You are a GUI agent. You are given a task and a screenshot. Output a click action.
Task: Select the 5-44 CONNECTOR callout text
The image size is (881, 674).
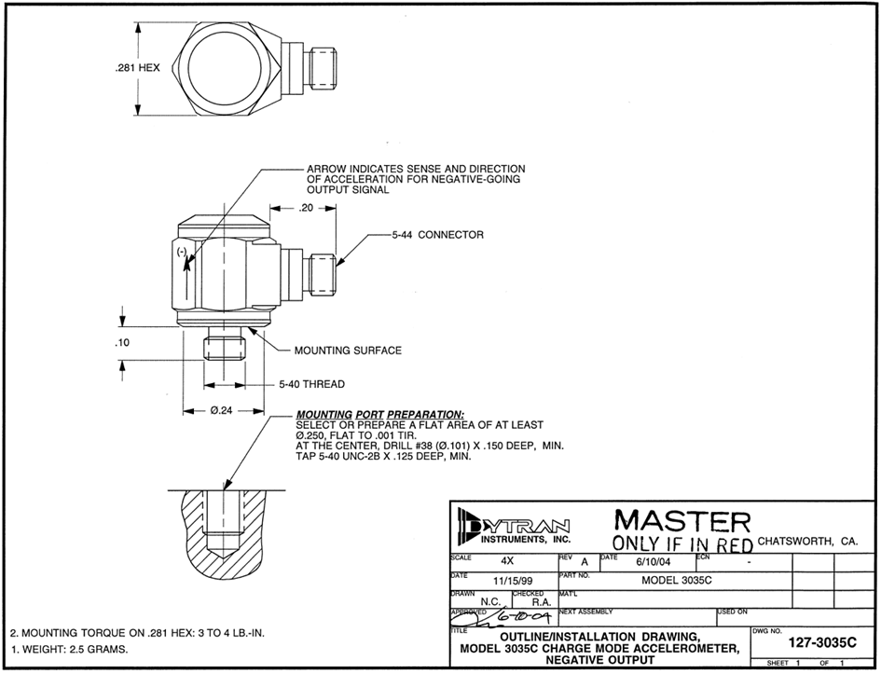pyautogui.click(x=438, y=235)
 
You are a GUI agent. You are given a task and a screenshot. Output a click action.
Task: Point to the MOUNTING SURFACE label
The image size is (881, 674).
pyautogui.click(x=348, y=351)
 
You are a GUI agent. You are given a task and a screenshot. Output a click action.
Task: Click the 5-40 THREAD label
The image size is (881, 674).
pyautogui.click(x=311, y=384)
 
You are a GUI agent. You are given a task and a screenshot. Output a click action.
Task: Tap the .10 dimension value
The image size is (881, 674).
pyautogui.click(x=121, y=345)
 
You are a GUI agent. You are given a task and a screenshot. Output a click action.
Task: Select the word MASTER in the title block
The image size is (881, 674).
pyautogui.click(x=681, y=521)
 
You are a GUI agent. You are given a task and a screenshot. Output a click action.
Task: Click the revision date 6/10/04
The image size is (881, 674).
pyautogui.click(x=647, y=562)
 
